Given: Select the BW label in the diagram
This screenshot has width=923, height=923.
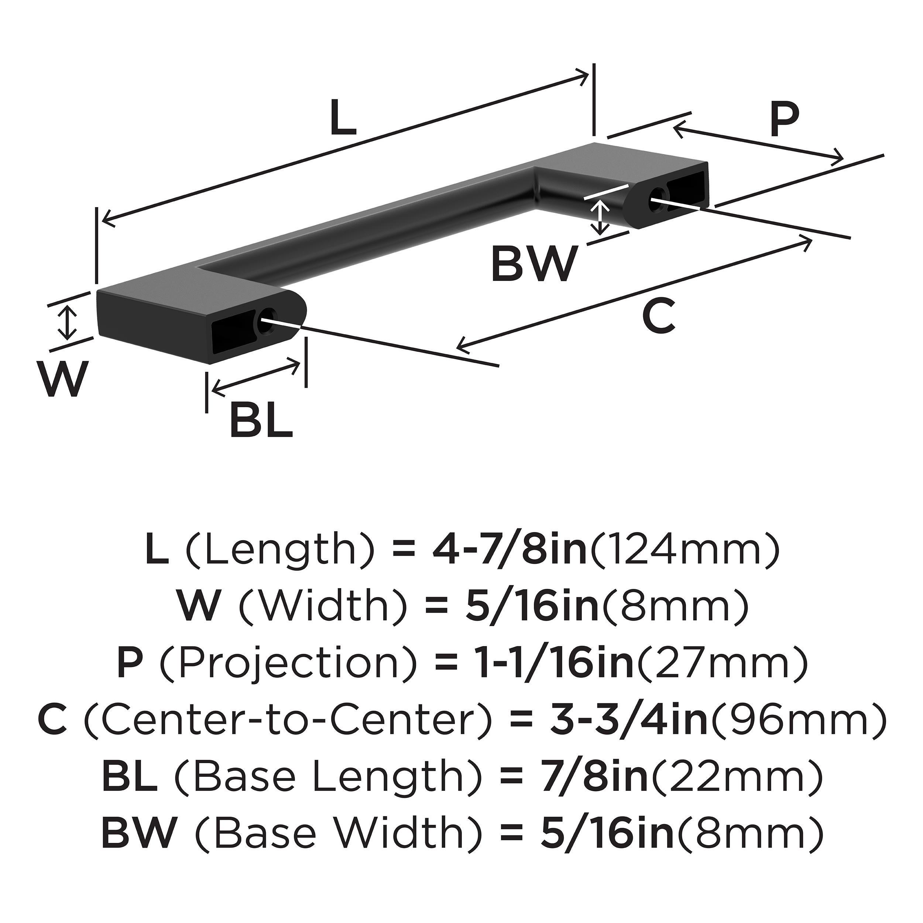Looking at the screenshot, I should [533, 263].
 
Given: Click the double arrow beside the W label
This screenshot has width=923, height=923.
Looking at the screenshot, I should [70, 323].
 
